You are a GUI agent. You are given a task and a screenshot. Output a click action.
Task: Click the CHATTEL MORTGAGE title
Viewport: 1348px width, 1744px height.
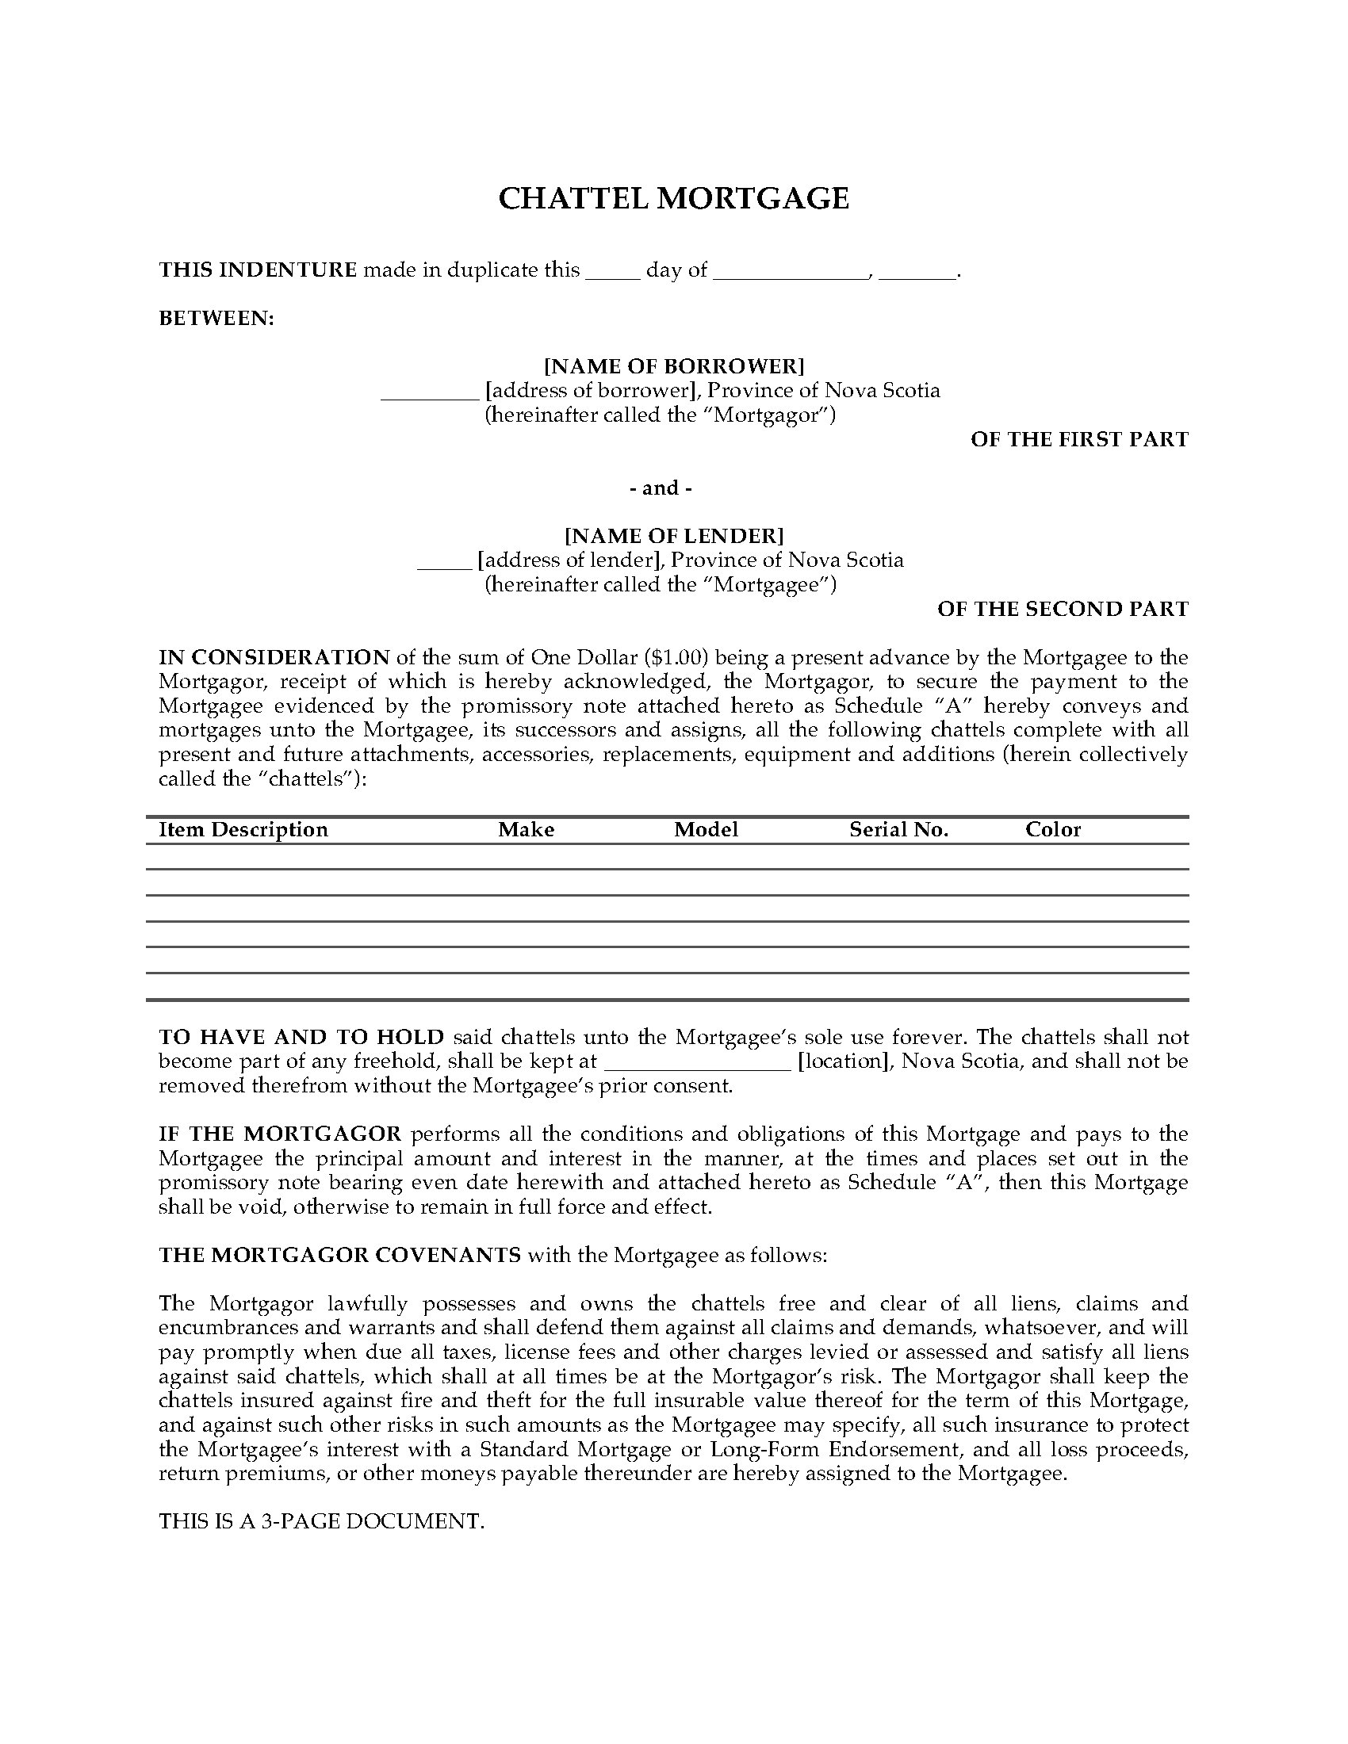(673, 198)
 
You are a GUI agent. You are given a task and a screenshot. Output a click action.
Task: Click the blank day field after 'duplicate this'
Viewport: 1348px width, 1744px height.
(612, 271)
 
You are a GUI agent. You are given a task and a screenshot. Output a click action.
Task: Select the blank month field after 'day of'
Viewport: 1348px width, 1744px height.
(790, 271)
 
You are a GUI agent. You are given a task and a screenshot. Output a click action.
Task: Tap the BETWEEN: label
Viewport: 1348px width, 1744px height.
(216, 319)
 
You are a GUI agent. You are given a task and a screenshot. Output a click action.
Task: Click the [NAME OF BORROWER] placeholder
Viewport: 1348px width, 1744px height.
(674, 366)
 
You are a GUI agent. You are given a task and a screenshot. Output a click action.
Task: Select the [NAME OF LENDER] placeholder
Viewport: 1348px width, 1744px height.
(674, 535)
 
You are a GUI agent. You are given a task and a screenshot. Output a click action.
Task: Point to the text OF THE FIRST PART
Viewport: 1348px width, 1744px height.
(1079, 439)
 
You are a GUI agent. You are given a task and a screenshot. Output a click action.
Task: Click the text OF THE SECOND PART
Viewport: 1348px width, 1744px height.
(1062, 609)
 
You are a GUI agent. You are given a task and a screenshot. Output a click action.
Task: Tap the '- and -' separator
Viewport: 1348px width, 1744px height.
(661, 488)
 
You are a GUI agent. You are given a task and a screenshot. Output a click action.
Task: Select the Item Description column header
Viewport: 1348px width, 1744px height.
(243, 830)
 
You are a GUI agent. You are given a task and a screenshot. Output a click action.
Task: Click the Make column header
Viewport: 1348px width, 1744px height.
(527, 830)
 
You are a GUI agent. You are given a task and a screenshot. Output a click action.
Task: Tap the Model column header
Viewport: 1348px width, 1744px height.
(706, 830)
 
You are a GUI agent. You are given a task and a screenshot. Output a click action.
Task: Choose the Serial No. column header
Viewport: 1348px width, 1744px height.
(898, 830)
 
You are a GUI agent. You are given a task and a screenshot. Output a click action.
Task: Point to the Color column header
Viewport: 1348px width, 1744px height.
(1052, 830)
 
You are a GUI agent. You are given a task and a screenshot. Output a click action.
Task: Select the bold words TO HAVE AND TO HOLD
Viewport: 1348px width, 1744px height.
(301, 1038)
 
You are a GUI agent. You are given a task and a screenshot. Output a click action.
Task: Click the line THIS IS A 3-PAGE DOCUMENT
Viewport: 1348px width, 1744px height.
(322, 1521)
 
